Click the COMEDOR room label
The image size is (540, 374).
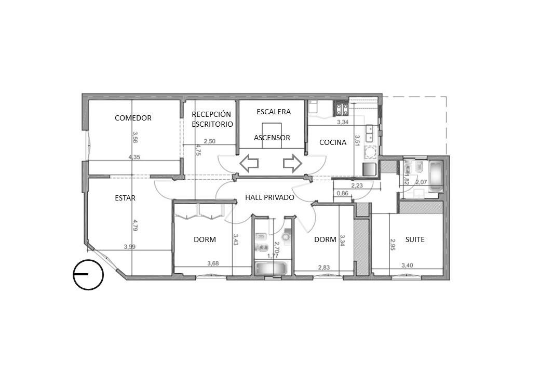(133, 118)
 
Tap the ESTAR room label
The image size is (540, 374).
(125, 198)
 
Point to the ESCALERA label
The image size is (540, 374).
(274, 112)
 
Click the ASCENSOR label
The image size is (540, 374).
(272, 138)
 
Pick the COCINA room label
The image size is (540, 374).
(333, 142)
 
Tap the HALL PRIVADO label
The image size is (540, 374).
(269, 197)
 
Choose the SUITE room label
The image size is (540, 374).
(415, 239)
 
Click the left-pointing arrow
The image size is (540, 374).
(249, 163)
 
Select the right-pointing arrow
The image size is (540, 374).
(292, 163)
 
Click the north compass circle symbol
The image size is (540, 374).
(88, 274)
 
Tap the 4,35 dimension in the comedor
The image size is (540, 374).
(134, 157)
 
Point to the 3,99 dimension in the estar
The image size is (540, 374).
(129, 247)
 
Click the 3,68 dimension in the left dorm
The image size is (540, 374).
(213, 263)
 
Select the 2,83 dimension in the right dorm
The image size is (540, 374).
(323, 267)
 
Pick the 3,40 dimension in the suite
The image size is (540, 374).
(407, 265)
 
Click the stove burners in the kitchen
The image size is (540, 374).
(341, 110)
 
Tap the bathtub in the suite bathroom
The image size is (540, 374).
(436, 176)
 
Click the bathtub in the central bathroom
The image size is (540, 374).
(271, 268)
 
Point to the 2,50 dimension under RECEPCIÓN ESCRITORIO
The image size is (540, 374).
(209, 141)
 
